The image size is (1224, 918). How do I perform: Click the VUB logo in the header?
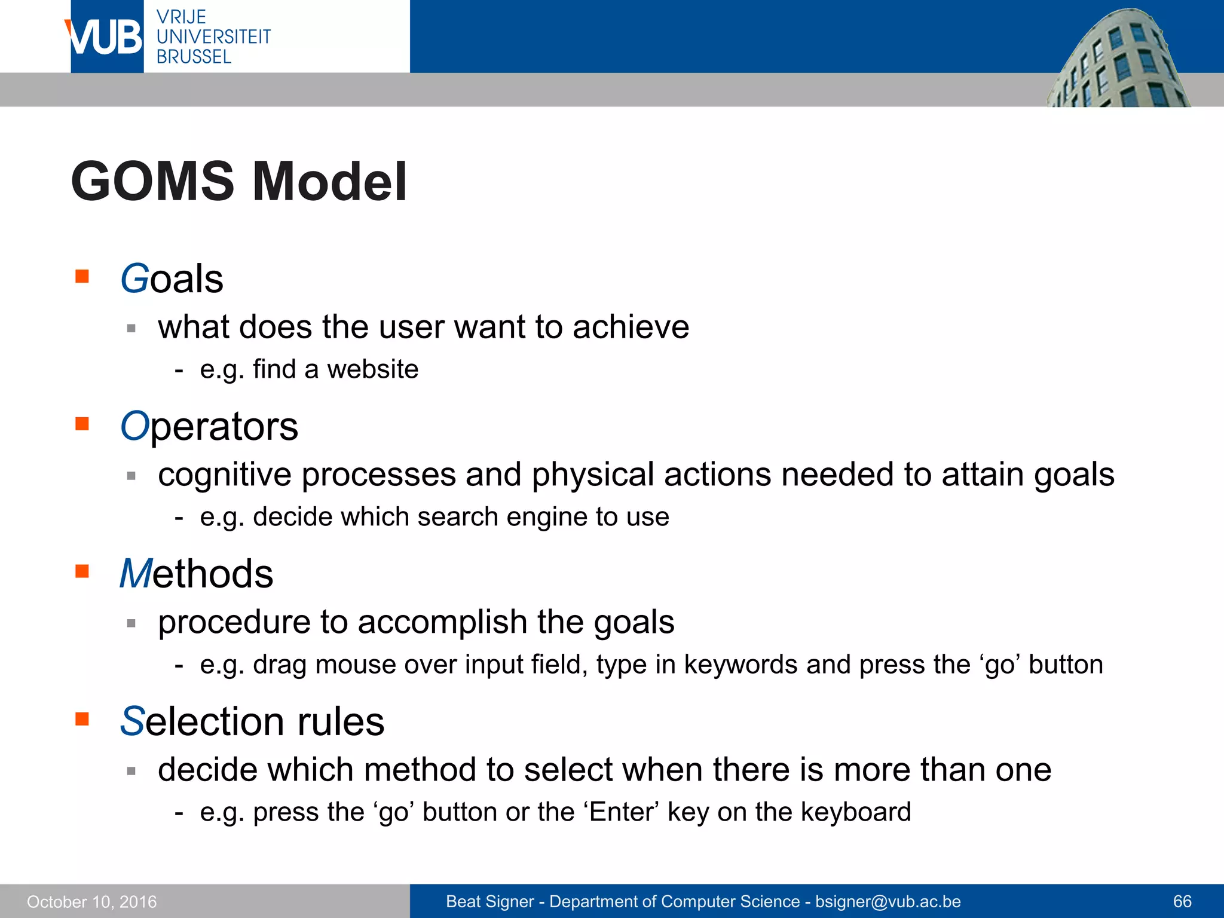(x=106, y=36)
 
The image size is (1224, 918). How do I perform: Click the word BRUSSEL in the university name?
(x=193, y=57)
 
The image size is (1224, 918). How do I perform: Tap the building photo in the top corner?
(x=1118, y=60)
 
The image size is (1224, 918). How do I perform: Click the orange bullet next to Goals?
(x=82, y=276)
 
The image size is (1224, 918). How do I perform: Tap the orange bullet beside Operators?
(x=82, y=424)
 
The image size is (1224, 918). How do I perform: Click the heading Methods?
(x=196, y=574)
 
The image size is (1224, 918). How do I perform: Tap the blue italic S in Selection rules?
(x=131, y=721)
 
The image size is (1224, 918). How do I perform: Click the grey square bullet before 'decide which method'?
(x=131, y=771)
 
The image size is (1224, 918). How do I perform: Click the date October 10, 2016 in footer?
(x=91, y=902)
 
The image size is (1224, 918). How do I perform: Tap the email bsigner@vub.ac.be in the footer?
(x=888, y=902)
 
